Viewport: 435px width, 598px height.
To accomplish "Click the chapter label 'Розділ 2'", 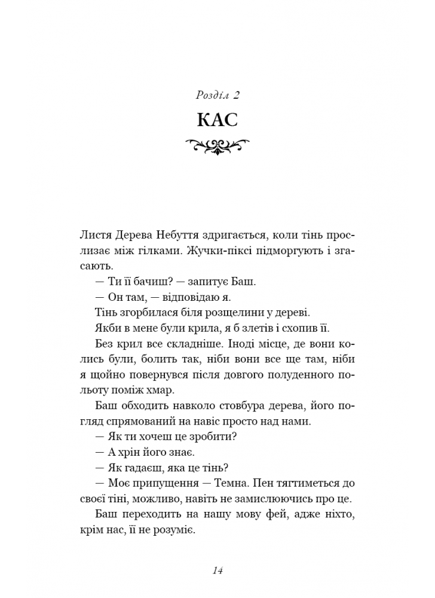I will (x=217, y=94).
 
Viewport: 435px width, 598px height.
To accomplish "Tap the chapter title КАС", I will (x=217, y=120).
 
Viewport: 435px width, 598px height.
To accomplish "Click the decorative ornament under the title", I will (x=217, y=145).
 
